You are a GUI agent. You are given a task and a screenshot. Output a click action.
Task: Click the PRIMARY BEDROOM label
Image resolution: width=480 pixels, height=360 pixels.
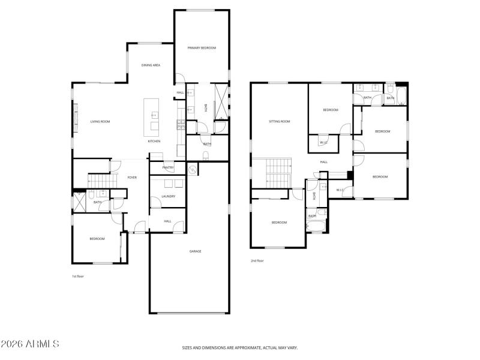pyautogui.click(x=201, y=47)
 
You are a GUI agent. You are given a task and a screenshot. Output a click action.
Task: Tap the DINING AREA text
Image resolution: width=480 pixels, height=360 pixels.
pyautogui.click(x=151, y=65)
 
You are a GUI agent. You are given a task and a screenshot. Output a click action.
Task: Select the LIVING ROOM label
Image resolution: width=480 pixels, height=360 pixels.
pyautogui.click(x=100, y=122)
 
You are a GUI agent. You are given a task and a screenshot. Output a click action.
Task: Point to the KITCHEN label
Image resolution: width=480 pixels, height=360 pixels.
pyautogui.click(x=154, y=141)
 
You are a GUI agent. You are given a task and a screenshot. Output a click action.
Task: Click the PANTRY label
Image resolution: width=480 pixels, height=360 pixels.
pyautogui.click(x=168, y=167)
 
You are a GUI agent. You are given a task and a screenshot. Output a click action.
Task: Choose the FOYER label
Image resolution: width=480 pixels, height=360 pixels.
pyautogui.click(x=132, y=178)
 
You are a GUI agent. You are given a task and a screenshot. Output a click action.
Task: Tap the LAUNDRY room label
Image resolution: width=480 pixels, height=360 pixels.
pyautogui.click(x=168, y=196)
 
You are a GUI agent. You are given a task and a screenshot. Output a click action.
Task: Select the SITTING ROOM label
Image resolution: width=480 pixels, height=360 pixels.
pyautogui.click(x=280, y=122)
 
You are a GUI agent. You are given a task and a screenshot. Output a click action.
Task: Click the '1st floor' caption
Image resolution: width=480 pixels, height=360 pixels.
pyautogui.click(x=77, y=276)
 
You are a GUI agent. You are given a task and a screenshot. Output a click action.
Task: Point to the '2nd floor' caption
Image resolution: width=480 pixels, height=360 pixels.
pyautogui.click(x=257, y=260)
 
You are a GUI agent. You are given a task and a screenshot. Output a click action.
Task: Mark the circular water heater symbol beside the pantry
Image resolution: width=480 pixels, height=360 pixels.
pyautogui.click(x=193, y=170)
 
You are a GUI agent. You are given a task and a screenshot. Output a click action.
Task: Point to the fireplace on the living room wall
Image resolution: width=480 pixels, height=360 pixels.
pyautogui.click(x=75, y=117)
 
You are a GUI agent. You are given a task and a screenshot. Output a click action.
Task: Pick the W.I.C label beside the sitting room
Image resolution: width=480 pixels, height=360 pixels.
pyautogui.click(x=323, y=142)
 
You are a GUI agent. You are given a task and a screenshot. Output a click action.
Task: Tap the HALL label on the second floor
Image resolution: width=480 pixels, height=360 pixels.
pyautogui.click(x=323, y=162)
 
